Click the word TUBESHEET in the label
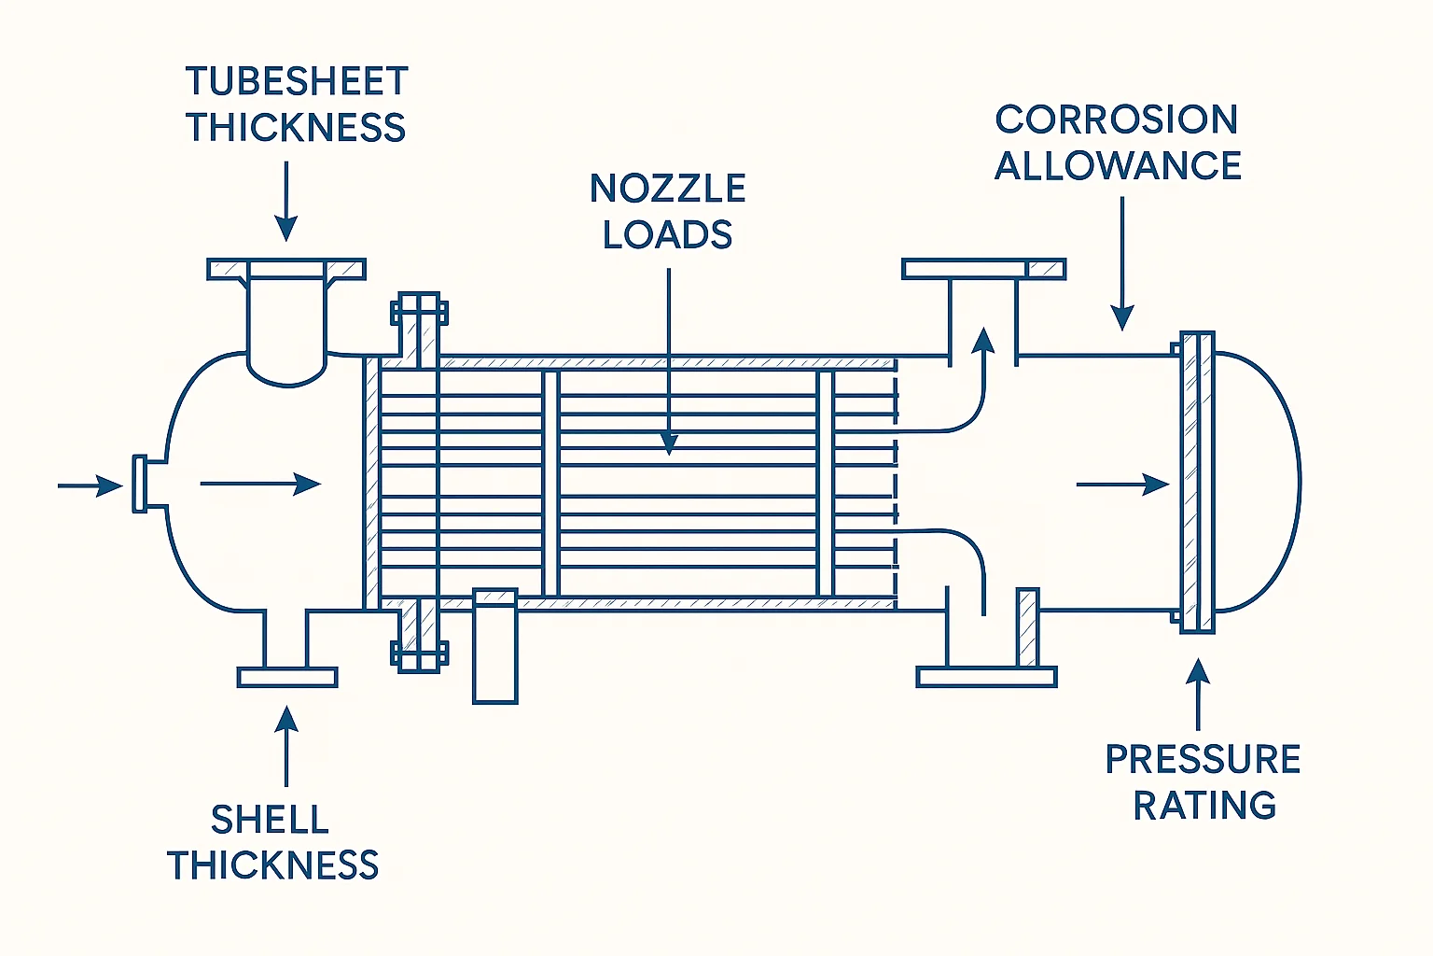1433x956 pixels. pyautogui.click(x=297, y=82)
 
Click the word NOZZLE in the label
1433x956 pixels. pyautogui.click(x=668, y=189)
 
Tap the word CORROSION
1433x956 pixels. pyautogui.click(x=1117, y=119)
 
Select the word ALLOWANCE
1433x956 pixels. pyautogui.click(x=1118, y=166)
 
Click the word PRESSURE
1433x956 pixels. pyautogui.click(x=1203, y=760)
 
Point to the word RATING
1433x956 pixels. pyautogui.click(x=1204, y=806)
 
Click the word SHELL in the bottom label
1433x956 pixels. pyautogui.click(x=270, y=820)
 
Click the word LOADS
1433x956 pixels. pyautogui.click(x=668, y=234)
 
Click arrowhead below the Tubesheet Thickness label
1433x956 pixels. pyautogui.click(x=286, y=229)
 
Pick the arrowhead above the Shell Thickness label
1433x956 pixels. pyautogui.click(x=287, y=719)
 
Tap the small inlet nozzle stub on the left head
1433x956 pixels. pyautogui.click(x=141, y=484)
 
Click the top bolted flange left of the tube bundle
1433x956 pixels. pyautogui.click(x=419, y=312)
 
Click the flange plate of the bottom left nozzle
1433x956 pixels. pyautogui.click(x=287, y=677)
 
